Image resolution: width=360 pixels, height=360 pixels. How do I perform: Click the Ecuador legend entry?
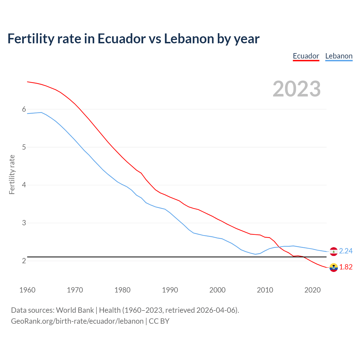(x=306, y=56)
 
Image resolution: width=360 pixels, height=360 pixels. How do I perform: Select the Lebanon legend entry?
(x=339, y=56)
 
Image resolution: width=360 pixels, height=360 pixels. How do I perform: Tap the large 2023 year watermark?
(x=297, y=89)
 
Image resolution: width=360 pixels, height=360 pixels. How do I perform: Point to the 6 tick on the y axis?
(x=24, y=109)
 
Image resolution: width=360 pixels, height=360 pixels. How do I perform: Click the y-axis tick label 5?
(x=24, y=147)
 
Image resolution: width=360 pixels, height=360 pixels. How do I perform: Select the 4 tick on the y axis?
(x=24, y=185)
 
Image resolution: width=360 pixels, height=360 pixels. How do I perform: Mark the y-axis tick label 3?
(x=24, y=223)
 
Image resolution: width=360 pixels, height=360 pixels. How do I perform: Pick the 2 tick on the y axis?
(x=24, y=261)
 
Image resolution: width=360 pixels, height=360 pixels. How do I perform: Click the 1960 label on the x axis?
(x=27, y=290)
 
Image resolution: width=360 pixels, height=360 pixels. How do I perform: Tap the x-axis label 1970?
(x=75, y=290)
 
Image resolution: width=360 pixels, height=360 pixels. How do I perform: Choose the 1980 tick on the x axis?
(x=122, y=290)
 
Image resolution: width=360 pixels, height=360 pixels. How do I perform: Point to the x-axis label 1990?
(x=170, y=290)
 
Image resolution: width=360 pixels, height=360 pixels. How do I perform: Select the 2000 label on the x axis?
(x=217, y=290)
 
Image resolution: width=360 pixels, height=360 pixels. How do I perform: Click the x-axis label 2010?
(x=265, y=290)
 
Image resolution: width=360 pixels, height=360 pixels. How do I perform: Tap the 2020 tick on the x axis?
(x=312, y=290)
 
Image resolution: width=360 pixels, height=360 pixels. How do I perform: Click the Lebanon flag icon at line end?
(x=334, y=251)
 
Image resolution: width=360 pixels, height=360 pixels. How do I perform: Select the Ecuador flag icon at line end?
(x=334, y=267)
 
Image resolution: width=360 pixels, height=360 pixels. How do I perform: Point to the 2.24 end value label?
(x=346, y=251)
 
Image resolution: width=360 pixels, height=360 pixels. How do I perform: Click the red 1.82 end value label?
(x=346, y=267)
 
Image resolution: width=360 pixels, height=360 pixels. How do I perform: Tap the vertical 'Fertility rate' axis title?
(x=12, y=174)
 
